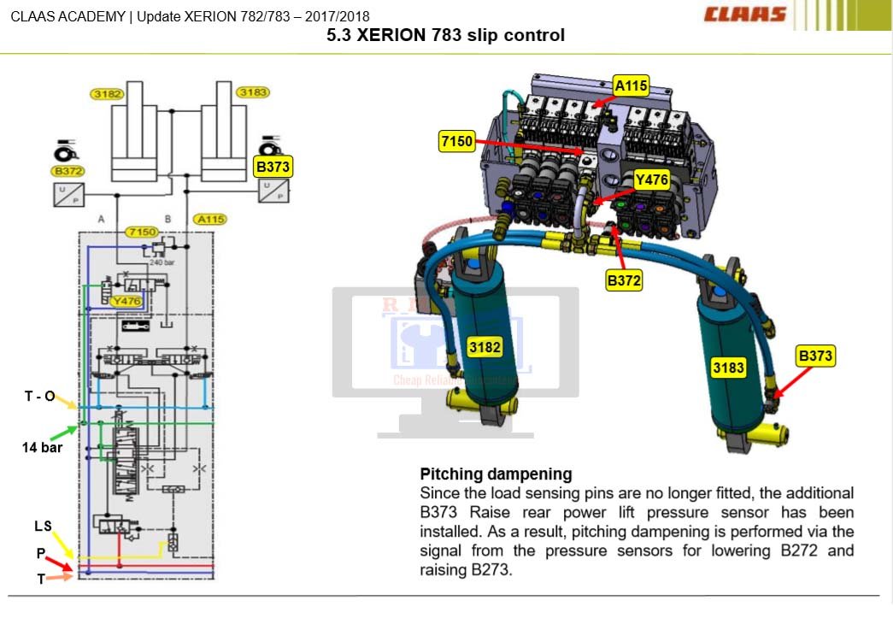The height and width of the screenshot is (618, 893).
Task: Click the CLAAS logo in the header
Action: coord(745,15)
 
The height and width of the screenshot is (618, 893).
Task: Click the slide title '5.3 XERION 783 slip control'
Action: coord(446,36)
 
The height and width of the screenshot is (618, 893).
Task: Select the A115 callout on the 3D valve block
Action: coord(632,85)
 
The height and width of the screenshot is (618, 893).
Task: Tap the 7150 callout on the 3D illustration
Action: coord(456,142)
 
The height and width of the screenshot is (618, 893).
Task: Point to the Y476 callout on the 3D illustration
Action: coord(651,180)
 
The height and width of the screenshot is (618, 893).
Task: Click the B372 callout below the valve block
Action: coord(624,280)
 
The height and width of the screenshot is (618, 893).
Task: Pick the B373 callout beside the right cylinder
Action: coord(815,356)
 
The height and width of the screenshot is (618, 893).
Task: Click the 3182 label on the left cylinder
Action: coord(485,346)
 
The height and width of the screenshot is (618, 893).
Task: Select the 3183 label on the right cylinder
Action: coord(728,368)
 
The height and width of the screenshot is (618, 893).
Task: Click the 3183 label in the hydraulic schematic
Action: coord(253,91)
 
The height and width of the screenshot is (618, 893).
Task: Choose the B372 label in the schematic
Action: coord(68,171)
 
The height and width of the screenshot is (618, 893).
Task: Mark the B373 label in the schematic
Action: coord(273,167)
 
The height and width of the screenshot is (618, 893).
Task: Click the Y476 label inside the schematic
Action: coord(126,300)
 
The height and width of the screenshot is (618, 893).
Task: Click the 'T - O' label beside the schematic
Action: coord(39,396)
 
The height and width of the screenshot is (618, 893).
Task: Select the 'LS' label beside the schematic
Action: coord(43,527)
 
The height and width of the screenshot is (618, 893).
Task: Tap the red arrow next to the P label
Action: coord(59,562)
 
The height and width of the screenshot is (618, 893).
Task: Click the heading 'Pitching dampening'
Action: coord(496,474)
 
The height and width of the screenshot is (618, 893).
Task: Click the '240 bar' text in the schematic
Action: coord(162,262)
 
